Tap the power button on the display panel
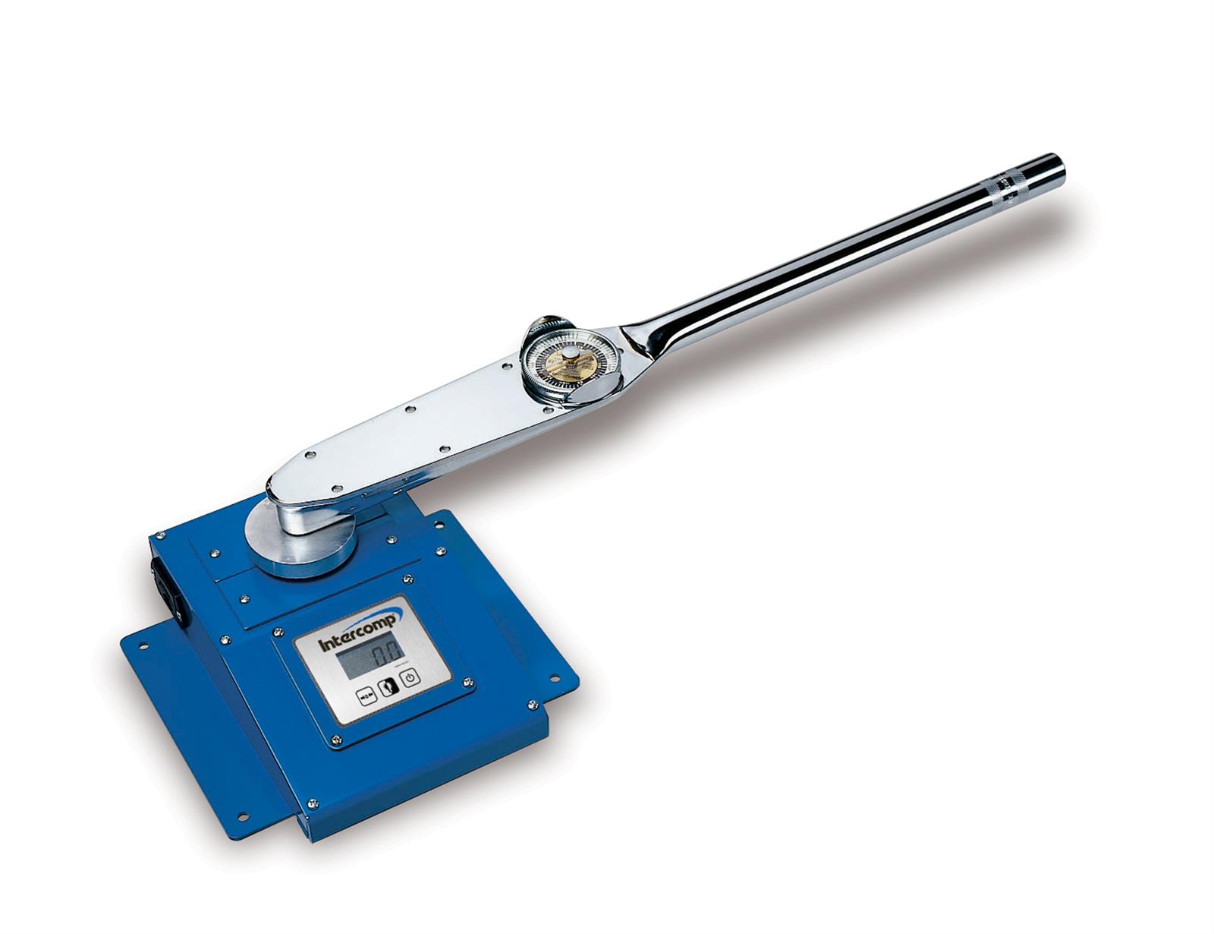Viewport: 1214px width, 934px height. (410, 677)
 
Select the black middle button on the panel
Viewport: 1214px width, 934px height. (388, 686)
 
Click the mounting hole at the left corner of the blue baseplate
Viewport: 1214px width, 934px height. (143, 645)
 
